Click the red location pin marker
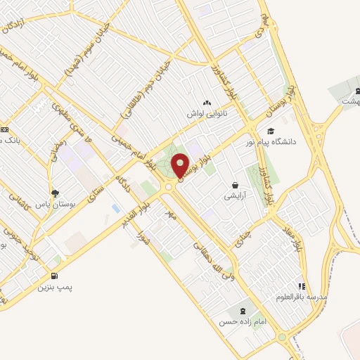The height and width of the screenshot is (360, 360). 181,166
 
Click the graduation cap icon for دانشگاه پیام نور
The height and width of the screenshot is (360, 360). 271,131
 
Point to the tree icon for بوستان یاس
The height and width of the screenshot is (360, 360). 55,192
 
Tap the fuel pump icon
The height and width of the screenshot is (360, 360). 55,276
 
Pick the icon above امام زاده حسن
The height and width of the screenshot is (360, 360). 244,309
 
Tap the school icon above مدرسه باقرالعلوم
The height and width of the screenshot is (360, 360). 302,286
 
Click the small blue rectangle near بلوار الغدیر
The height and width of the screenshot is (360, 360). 115,209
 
